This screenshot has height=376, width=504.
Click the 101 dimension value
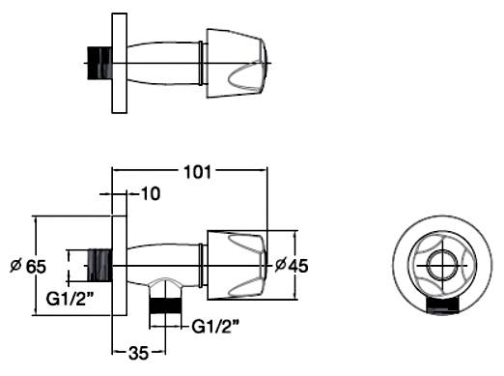pyautogui.click(x=197, y=172)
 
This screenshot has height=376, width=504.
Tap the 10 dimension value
pyautogui.click(x=151, y=194)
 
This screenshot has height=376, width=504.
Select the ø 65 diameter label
pyautogui.click(x=28, y=267)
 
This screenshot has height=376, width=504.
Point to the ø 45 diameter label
pyautogui.click(x=292, y=266)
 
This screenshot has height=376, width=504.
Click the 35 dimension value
pyautogui.click(x=138, y=353)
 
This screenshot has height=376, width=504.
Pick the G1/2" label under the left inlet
pyautogui.click(x=68, y=299)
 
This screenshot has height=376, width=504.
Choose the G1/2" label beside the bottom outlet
pyautogui.click(x=215, y=327)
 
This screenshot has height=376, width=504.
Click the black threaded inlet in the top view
pyautogui.click(x=99, y=63)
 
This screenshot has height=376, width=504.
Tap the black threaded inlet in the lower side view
pyautogui.click(x=99, y=266)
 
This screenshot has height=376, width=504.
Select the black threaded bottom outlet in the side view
pyautogui.click(x=165, y=305)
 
